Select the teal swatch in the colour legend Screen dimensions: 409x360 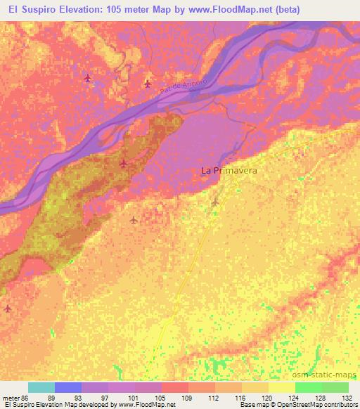(41, 387)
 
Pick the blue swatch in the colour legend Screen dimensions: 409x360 (68, 387)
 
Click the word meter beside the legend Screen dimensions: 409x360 (10, 398)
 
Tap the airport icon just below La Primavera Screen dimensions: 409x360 (215, 203)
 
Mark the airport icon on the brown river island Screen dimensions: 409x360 (124, 164)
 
